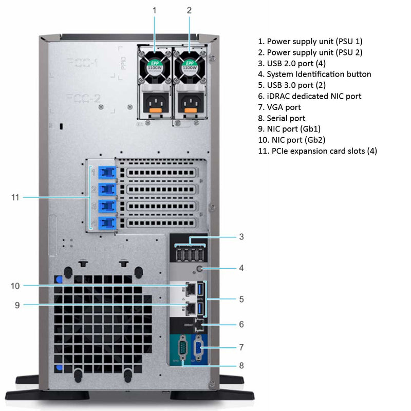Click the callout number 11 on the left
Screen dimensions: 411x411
[x=15, y=197]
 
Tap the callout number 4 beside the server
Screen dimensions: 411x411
[x=241, y=268]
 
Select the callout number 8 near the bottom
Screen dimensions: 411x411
[x=241, y=366]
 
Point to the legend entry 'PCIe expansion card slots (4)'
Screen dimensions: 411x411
[x=317, y=151]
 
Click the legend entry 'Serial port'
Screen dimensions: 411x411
[x=286, y=118]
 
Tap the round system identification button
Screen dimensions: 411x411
[x=200, y=268]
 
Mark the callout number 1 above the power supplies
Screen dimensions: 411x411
[x=155, y=10]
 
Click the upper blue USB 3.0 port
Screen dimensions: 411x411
[x=201, y=290]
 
